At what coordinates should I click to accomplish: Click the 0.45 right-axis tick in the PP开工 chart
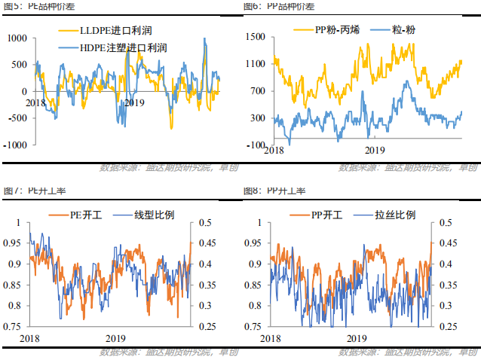coord(446,243)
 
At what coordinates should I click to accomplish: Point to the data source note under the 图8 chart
coord(408,352)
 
